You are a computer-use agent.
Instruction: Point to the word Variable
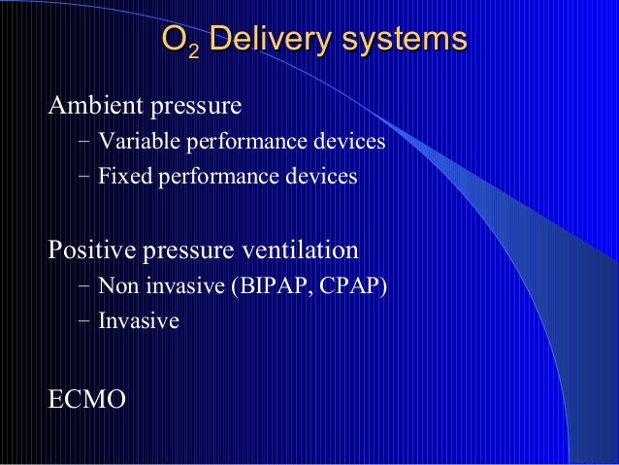[x=131, y=143]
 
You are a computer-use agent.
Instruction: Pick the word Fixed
[x=119, y=178]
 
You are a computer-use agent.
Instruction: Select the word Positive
[x=92, y=250]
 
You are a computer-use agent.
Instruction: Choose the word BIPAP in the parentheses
[x=270, y=287]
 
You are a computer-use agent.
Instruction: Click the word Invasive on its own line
[x=138, y=321]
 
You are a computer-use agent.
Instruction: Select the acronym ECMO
[x=86, y=398]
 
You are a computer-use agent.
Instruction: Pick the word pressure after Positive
[x=188, y=251]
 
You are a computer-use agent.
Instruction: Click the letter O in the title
[x=173, y=40]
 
